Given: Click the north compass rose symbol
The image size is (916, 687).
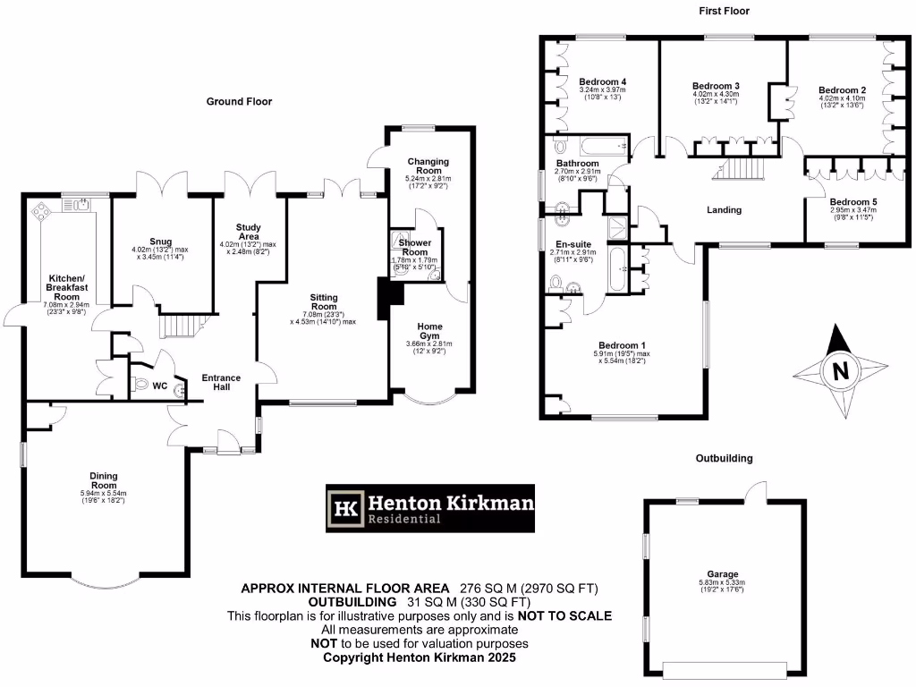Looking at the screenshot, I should tap(839, 370).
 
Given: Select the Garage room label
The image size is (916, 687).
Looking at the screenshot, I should tap(719, 574).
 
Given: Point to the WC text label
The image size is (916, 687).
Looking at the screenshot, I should tap(159, 386).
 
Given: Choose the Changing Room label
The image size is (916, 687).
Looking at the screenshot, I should tap(428, 166).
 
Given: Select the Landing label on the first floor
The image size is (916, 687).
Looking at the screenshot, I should tap(724, 210).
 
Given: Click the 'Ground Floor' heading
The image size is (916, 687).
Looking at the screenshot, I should tap(239, 102).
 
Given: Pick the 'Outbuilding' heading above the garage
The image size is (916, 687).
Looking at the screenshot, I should tap(725, 458).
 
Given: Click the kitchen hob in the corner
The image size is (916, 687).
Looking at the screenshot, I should tap(41, 212).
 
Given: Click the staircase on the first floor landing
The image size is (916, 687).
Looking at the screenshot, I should tap(740, 167).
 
